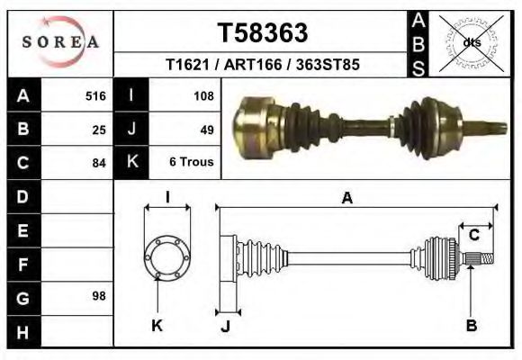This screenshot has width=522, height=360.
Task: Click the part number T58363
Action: tap(263, 32)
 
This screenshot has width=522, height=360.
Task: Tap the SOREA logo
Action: tap(60, 41)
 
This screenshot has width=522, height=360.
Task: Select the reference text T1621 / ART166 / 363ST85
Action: tap(263, 66)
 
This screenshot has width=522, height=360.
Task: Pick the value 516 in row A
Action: tap(95, 96)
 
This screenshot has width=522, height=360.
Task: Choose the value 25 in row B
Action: tap(99, 130)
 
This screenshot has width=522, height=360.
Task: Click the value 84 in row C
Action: tap(99, 163)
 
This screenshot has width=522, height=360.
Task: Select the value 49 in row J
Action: tap(206, 130)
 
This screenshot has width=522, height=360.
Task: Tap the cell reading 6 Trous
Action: tap(191, 163)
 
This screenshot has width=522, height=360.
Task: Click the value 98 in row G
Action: tap(99, 296)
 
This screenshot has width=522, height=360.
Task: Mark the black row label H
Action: tap(23, 332)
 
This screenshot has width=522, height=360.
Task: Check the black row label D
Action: tap(23, 196)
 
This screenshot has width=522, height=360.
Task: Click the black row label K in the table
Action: tap(131, 163)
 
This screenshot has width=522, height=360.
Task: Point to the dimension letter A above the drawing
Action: tap(346, 199)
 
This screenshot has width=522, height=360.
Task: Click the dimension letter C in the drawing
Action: tap(473, 236)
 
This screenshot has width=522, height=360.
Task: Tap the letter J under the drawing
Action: tap(226, 326)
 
